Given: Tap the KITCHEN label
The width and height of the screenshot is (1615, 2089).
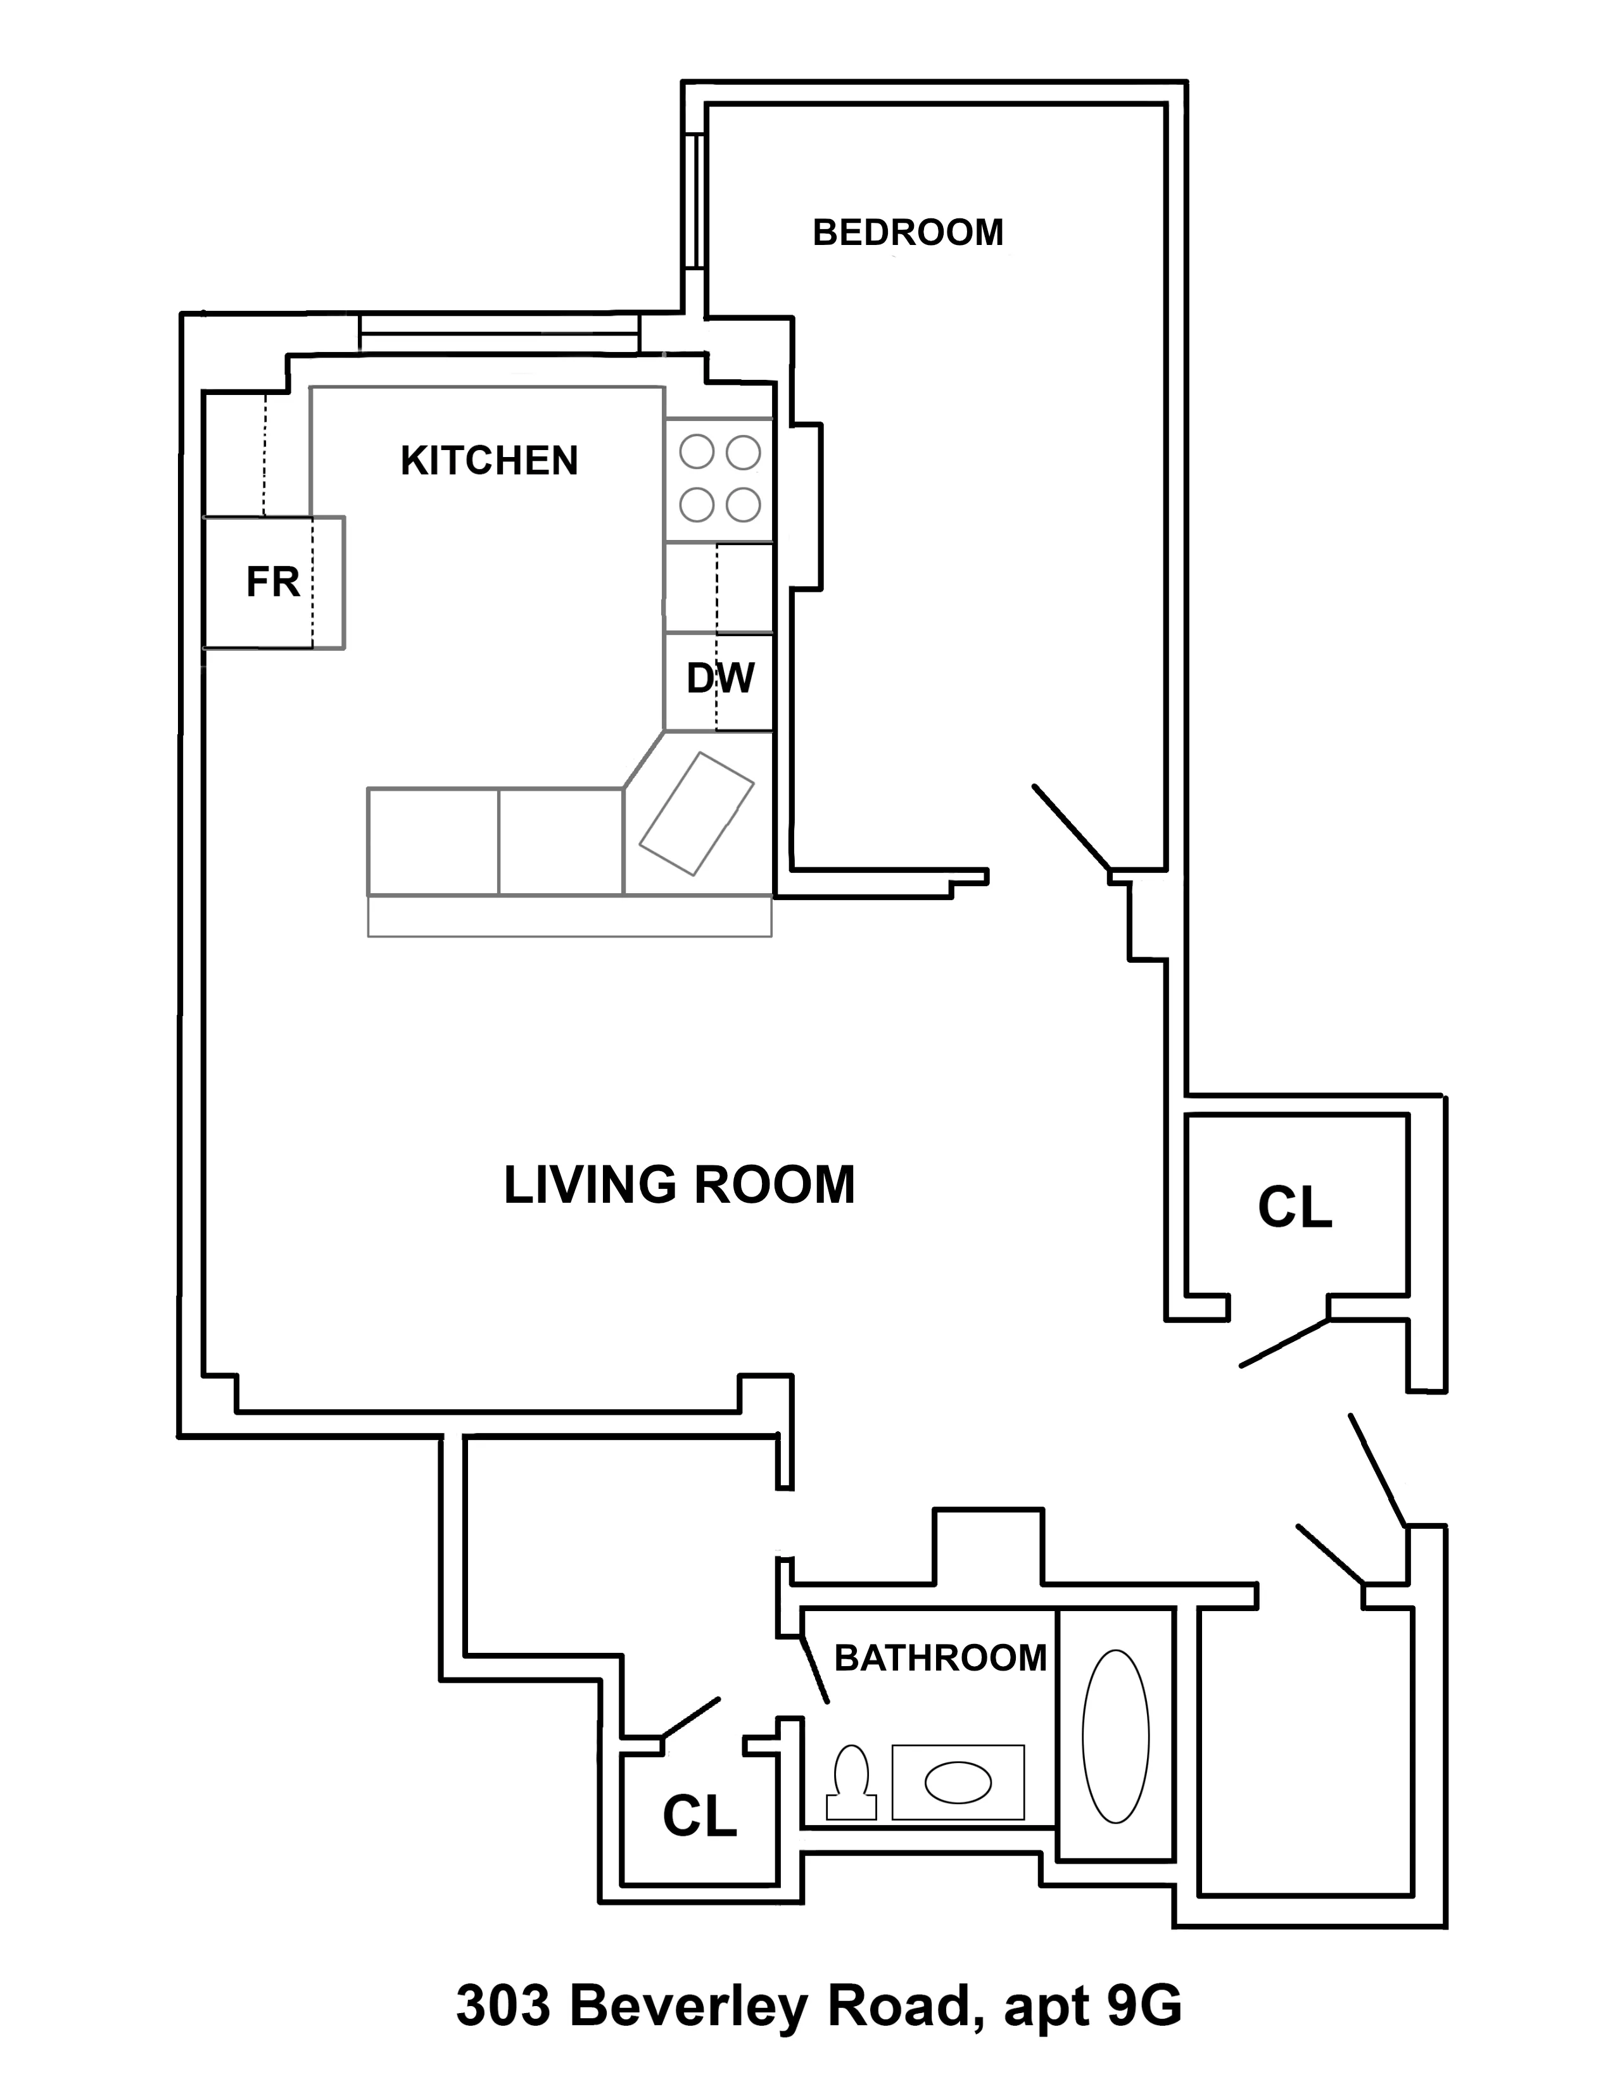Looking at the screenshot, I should click(x=489, y=461).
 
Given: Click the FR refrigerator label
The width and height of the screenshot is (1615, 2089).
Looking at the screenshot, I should click(x=273, y=582).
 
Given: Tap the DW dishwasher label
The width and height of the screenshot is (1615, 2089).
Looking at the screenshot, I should click(x=721, y=678).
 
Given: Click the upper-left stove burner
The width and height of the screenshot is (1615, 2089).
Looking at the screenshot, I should click(x=697, y=453).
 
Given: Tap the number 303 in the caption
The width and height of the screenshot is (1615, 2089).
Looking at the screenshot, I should click(x=503, y=2007).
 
